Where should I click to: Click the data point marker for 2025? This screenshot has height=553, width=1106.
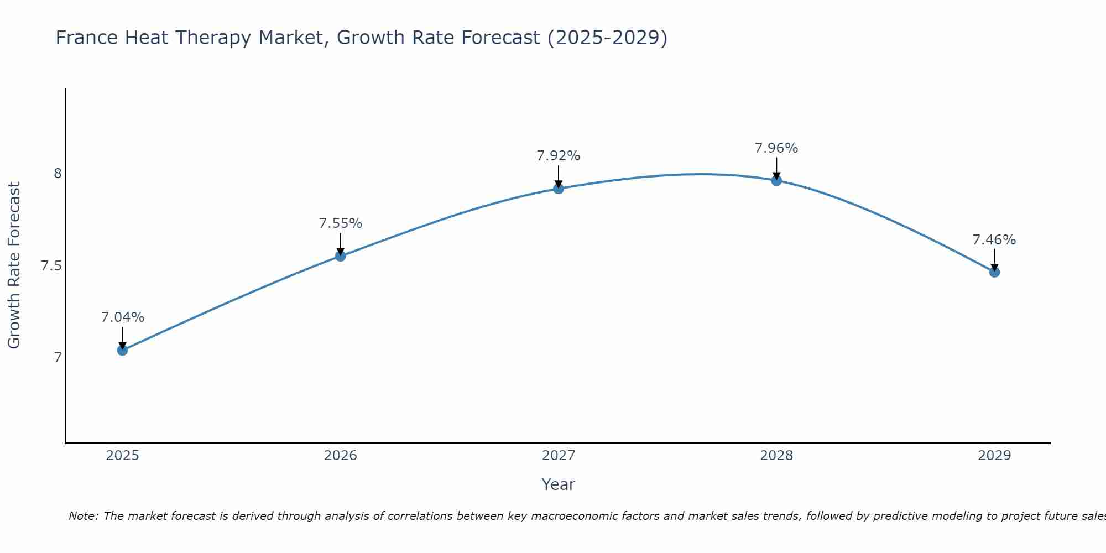coord(123,350)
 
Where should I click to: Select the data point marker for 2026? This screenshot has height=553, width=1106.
coord(341,256)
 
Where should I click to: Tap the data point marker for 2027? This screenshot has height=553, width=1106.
coord(559,189)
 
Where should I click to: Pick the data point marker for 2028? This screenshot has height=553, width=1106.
coord(776,180)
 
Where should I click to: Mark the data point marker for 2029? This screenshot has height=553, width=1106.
coord(994,272)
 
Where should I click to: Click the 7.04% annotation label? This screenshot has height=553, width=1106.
coord(123,317)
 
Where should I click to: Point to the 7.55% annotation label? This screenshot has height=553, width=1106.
coord(341,223)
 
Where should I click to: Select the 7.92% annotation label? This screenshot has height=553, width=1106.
coord(559,156)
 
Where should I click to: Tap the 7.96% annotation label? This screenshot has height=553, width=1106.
coord(776,148)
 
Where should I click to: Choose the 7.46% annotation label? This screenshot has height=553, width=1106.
coord(994,240)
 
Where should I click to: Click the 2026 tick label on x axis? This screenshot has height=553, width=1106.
coord(341,456)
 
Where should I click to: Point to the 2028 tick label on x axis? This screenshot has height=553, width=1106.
coord(776,456)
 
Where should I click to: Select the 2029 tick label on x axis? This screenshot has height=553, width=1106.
coord(994,456)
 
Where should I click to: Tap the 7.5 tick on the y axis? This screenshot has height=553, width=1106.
coord(51,266)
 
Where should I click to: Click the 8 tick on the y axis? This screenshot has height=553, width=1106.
coord(58,174)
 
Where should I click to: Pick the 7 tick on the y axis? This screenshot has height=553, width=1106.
coord(58,358)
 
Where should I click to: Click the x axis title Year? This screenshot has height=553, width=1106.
coord(559,484)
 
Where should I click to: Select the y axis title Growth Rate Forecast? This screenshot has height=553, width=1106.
coord(14,265)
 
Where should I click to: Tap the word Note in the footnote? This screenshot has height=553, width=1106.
coord(83,516)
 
